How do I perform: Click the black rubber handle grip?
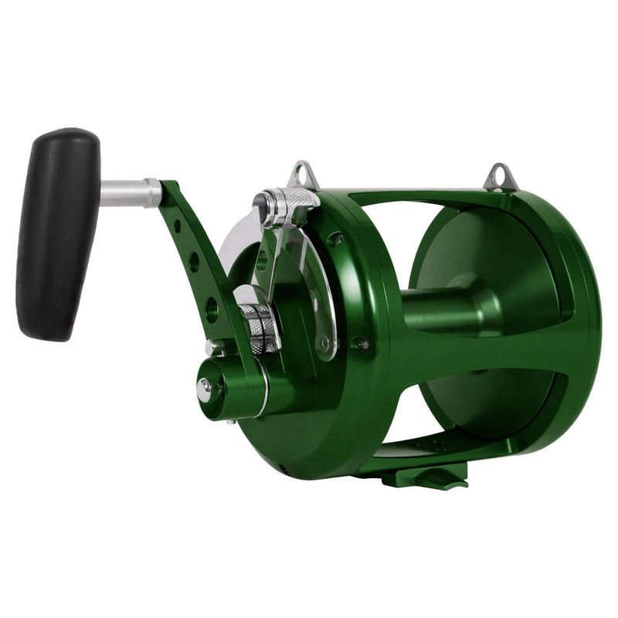click(x=58, y=232)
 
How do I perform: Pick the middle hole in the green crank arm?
click(x=193, y=262)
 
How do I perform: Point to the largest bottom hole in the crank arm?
click(x=211, y=309)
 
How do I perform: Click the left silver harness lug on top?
click(x=304, y=175)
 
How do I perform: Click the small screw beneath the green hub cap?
click(x=230, y=422)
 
